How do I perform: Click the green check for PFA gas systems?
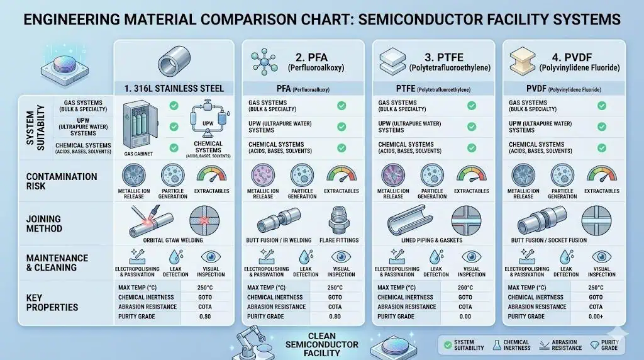point(341,106)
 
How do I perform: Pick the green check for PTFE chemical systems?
point(471,148)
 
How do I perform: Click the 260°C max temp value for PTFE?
point(465,288)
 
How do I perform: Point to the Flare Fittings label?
point(340,240)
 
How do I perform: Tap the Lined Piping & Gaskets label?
point(433,240)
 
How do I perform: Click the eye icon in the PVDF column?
point(601,257)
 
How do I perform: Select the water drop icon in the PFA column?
point(306,257)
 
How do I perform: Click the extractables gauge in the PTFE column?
point(471,175)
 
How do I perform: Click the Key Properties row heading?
point(52,302)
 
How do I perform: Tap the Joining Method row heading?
point(45,224)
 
